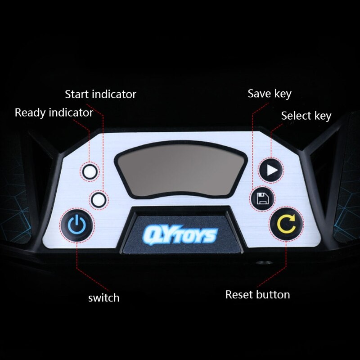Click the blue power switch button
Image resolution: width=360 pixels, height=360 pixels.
click(77, 225)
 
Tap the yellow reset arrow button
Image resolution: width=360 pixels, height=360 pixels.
click(286, 224)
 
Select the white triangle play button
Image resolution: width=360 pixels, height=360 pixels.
click(271, 170)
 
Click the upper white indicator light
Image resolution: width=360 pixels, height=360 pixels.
click(90, 172)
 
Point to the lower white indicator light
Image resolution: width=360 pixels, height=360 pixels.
click(99, 200)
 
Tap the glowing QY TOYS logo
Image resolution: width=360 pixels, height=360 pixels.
click(180, 234)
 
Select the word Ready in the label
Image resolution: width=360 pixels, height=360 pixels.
click(30, 113)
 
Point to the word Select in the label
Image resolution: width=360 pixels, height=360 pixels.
click(296, 116)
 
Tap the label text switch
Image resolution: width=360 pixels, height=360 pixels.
click(104, 298)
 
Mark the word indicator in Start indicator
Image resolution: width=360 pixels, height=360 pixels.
click(114, 94)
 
